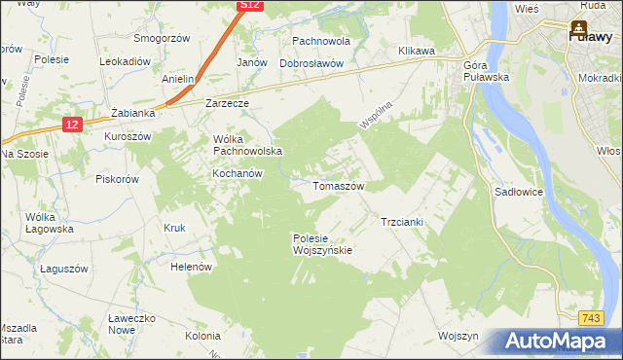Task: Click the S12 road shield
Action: point(250,6)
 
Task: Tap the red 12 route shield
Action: point(72,124)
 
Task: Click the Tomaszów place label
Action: point(338,185)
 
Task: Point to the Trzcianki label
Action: point(401,222)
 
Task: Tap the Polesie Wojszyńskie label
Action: point(322,243)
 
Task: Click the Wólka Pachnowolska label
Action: point(247,145)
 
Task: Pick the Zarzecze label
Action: point(228,102)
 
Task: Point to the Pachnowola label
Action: point(320,42)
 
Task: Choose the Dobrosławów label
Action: point(312,62)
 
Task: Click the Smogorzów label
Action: point(163,40)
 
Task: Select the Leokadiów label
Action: point(125,60)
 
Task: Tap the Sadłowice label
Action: point(518,193)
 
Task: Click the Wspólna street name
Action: point(374,114)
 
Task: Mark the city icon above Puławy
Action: point(579,27)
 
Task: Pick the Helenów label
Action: point(191,267)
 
